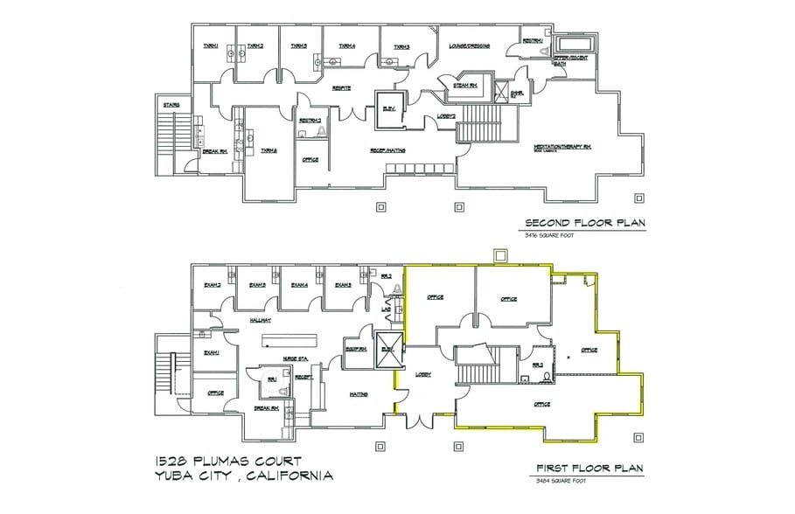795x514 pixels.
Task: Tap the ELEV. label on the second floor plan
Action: pyautogui.click(x=387, y=109)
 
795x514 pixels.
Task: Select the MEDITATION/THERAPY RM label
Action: pyautogui.click(x=563, y=147)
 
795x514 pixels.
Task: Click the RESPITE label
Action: pyautogui.click(x=341, y=87)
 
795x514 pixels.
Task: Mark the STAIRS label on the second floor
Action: pyautogui.click(x=171, y=105)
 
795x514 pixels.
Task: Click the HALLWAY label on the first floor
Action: pyautogui.click(x=261, y=321)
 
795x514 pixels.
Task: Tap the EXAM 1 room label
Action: pyautogui.click(x=211, y=352)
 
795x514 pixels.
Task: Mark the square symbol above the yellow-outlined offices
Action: pyautogui.click(x=500, y=255)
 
